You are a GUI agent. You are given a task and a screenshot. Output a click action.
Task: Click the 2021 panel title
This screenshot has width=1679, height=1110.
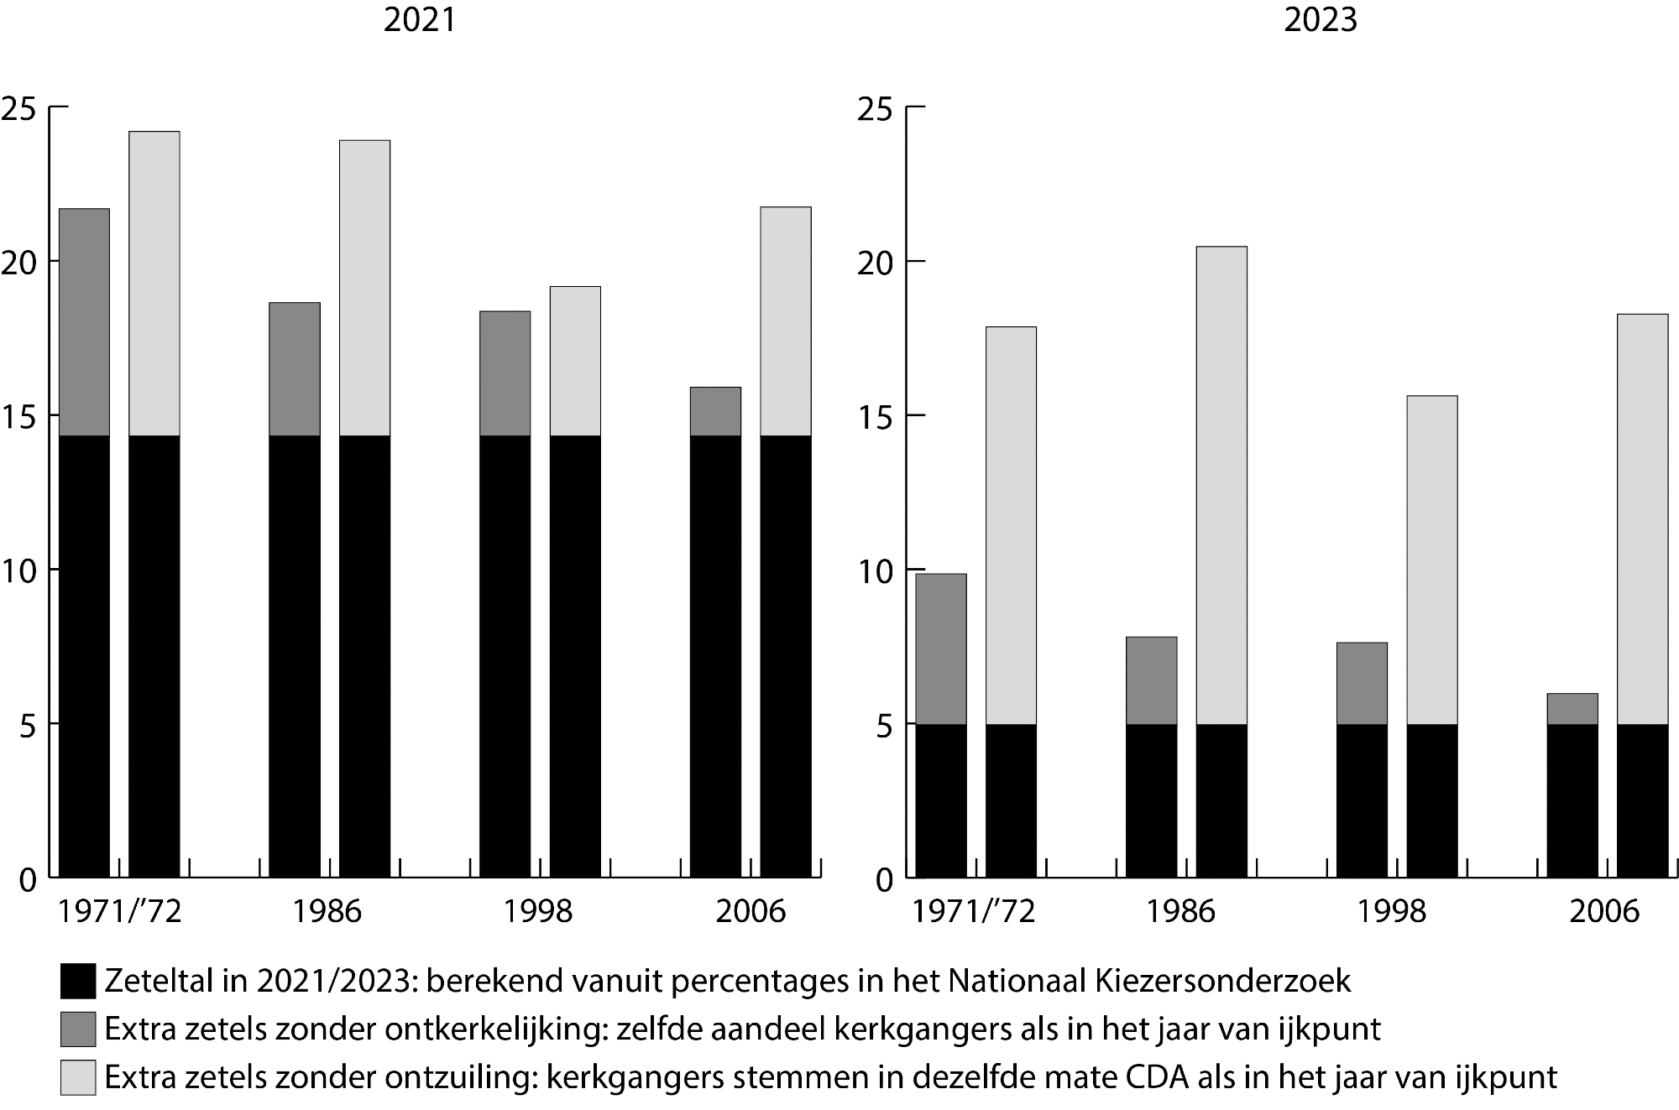[419, 19]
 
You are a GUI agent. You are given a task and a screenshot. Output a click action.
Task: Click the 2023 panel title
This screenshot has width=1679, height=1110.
[1320, 19]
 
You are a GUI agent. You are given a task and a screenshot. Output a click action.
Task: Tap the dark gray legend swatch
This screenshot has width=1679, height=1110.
[77, 1029]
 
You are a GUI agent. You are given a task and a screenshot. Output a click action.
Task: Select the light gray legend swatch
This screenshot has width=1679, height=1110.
[77, 1077]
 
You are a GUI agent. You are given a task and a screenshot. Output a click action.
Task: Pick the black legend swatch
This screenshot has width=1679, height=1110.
[77, 980]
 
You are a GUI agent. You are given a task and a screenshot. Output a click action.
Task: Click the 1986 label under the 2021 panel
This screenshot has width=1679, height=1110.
[327, 911]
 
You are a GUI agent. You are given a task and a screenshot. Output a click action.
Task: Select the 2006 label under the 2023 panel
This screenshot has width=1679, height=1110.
[1603, 911]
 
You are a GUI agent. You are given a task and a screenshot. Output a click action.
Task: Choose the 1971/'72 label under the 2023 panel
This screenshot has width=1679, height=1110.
[974, 911]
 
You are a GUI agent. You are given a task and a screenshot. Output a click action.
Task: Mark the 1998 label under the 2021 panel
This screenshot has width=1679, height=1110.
[537, 911]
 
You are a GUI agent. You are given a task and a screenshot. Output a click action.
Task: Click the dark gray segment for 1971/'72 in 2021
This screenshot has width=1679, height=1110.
[84, 322]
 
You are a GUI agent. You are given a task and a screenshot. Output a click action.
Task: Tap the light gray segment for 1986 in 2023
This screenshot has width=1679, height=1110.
[1221, 485]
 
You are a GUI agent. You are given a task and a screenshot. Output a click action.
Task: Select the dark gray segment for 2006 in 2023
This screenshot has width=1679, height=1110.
[1572, 709]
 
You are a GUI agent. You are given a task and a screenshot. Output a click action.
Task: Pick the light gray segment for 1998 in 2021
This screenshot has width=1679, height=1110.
[575, 361]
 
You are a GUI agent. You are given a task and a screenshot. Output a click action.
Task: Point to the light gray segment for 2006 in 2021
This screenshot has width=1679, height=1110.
[786, 321]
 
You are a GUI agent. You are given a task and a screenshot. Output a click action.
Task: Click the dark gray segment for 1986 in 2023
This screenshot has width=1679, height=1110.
[1151, 680]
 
